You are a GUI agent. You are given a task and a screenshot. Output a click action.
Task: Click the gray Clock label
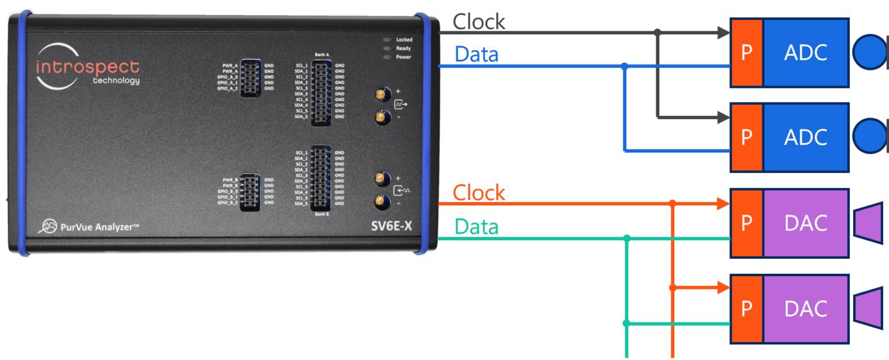pyautogui.click(x=479, y=22)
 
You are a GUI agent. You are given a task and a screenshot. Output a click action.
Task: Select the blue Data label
pyautogui.click(x=476, y=54)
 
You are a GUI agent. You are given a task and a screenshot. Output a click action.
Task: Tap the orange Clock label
pyautogui.click(x=479, y=193)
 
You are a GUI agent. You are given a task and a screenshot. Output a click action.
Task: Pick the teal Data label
pyautogui.click(x=476, y=227)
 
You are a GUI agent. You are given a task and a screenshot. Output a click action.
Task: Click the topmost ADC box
pyautogui.click(x=806, y=53)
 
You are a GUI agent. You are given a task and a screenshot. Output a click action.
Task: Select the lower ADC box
pyautogui.click(x=806, y=137)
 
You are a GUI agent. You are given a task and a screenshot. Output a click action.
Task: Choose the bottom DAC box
pyautogui.click(x=806, y=308)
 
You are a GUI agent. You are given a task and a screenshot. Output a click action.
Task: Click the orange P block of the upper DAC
pyautogui.click(x=747, y=223)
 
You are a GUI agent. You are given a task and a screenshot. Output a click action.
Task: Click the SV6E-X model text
pyautogui.click(x=391, y=226)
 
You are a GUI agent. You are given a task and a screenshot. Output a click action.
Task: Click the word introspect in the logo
pyautogui.click(x=87, y=67)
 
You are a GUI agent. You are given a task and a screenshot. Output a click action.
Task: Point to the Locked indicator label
pyautogui.click(x=403, y=40)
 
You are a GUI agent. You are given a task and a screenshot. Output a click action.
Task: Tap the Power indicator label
pyautogui.click(x=403, y=57)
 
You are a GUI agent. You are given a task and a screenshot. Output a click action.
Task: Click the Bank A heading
pyautogui.click(x=322, y=54)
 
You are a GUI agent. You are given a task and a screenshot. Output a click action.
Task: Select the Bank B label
pyautogui.click(x=322, y=215)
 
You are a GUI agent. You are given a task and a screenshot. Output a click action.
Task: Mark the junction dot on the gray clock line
pyautogui.click(x=657, y=32)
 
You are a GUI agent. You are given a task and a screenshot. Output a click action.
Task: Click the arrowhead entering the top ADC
pyautogui.click(x=723, y=33)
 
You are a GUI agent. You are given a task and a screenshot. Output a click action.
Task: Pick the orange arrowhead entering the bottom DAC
pyautogui.click(x=723, y=286)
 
